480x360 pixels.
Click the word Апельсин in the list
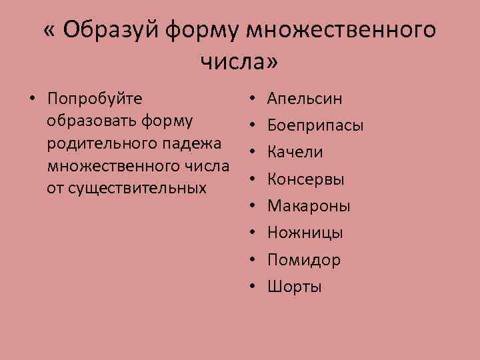[305, 99]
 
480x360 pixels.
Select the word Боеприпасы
[315, 125]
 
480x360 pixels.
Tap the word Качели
[295, 152]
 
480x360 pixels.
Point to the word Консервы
[306, 179]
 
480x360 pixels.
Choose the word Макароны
[309, 206]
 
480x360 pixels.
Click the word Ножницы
[305, 233]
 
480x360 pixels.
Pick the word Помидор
[304, 260]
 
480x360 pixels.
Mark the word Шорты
[295, 287]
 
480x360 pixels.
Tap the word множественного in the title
[341, 30]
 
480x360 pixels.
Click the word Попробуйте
[95, 99]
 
